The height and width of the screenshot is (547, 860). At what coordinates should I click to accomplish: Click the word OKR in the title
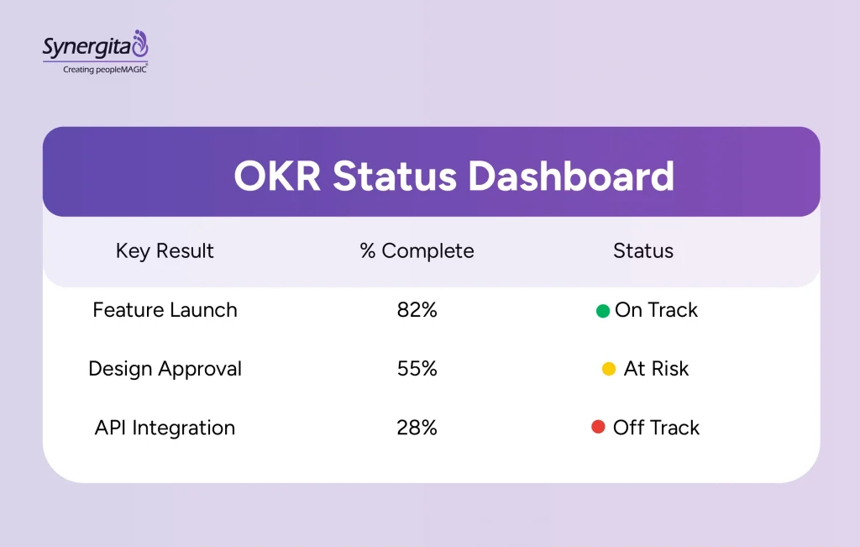[x=277, y=176]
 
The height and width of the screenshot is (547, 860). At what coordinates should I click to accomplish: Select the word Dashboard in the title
[x=571, y=176]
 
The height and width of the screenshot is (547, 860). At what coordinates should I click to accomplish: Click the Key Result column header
[x=165, y=251]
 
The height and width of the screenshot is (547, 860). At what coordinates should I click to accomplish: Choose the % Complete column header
[x=417, y=251]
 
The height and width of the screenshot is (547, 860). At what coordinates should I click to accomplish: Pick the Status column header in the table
[x=643, y=251]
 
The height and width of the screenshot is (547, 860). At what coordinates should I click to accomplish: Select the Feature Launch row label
[x=165, y=310]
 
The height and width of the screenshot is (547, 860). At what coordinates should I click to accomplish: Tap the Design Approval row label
[x=165, y=369]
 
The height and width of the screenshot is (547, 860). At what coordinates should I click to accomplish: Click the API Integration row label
[x=165, y=428]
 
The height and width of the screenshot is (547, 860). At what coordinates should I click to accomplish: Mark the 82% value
[x=417, y=310]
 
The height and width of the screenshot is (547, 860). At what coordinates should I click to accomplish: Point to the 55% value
[x=417, y=369]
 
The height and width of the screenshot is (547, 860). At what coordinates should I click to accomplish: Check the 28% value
[x=417, y=428]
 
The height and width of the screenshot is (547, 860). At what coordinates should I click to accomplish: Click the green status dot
[x=602, y=311]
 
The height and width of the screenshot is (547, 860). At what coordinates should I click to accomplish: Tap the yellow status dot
[x=609, y=369]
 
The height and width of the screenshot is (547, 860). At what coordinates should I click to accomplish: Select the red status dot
[x=598, y=427]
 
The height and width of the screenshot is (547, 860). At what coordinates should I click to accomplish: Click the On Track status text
[x=656, y=310]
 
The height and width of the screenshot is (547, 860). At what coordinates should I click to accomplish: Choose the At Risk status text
[x=656, y=369]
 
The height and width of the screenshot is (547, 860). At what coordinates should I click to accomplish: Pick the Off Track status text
[x=656, y=428]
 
